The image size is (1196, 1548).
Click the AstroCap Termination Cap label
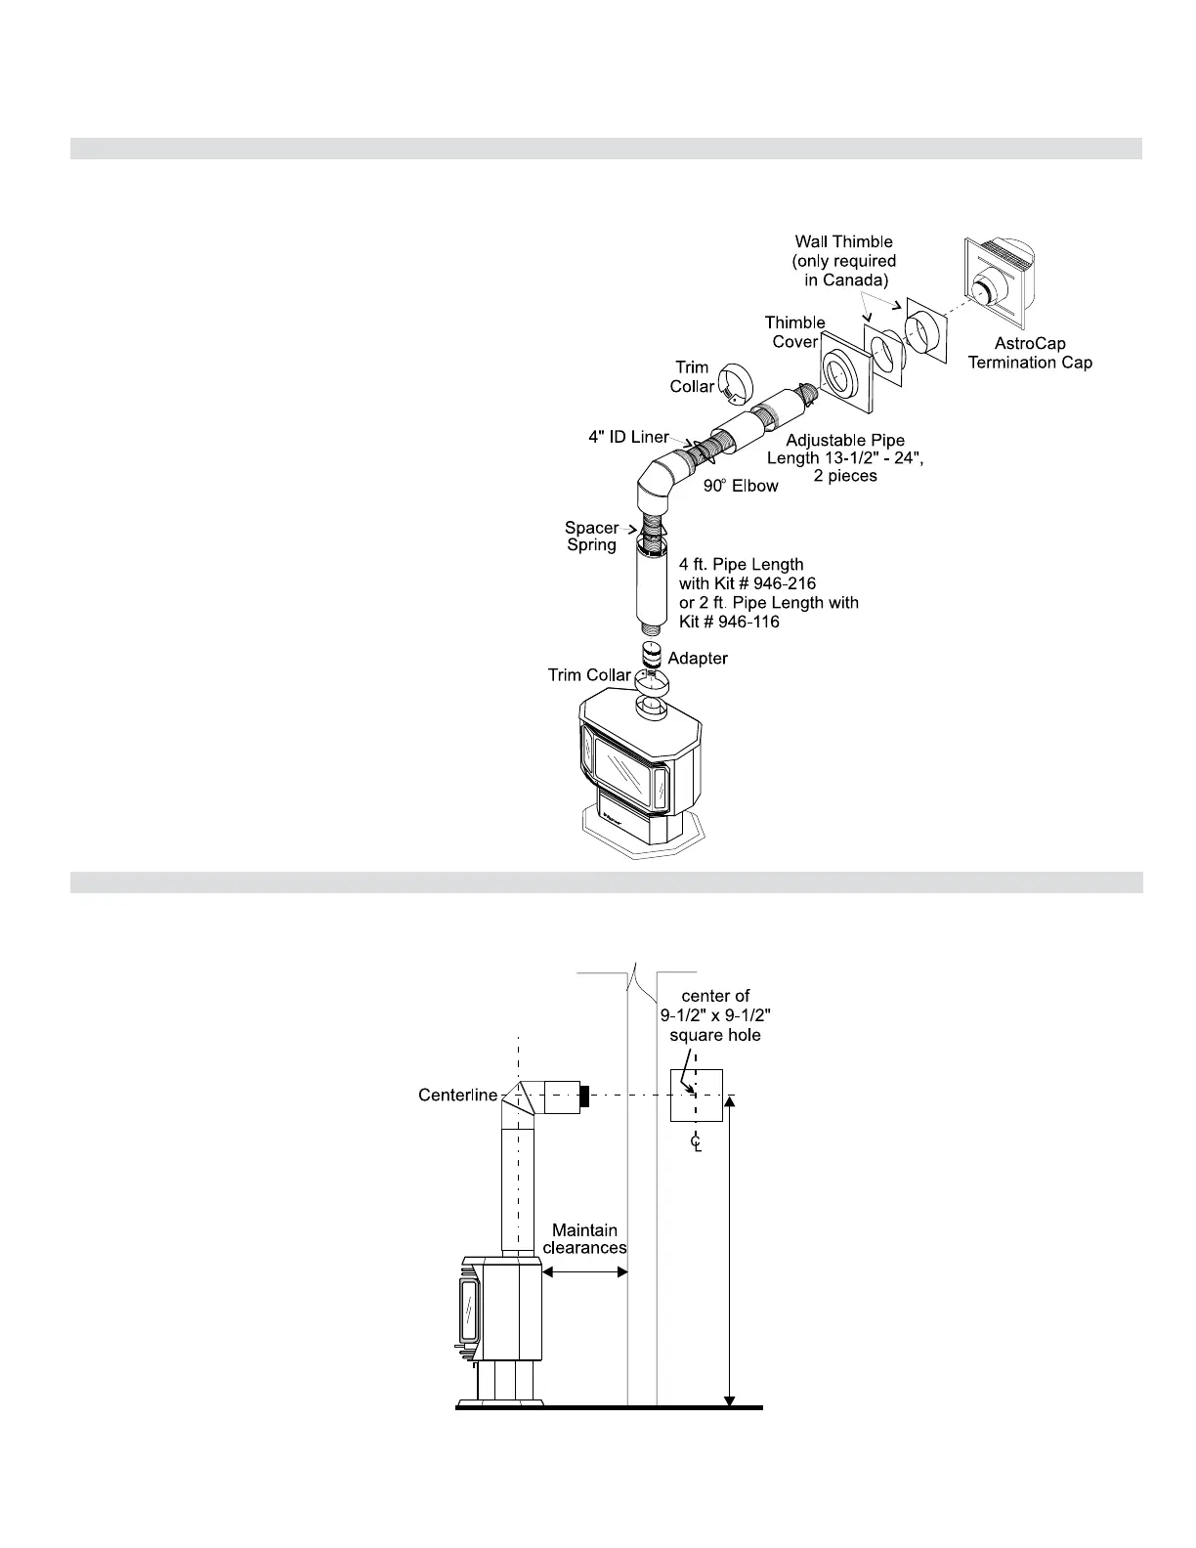1030,353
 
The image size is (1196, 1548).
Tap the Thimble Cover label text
794,331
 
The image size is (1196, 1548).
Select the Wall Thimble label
844,261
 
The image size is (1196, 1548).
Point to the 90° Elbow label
741,486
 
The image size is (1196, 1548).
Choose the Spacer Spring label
592,537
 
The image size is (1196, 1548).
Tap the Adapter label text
698,658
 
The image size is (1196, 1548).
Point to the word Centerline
458,1095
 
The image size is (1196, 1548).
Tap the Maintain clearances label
584,1239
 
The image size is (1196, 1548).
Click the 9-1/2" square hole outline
696,1095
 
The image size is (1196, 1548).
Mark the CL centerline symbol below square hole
696,1141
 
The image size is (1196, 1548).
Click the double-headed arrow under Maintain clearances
584,1271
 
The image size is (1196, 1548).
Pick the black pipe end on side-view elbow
585,1096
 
